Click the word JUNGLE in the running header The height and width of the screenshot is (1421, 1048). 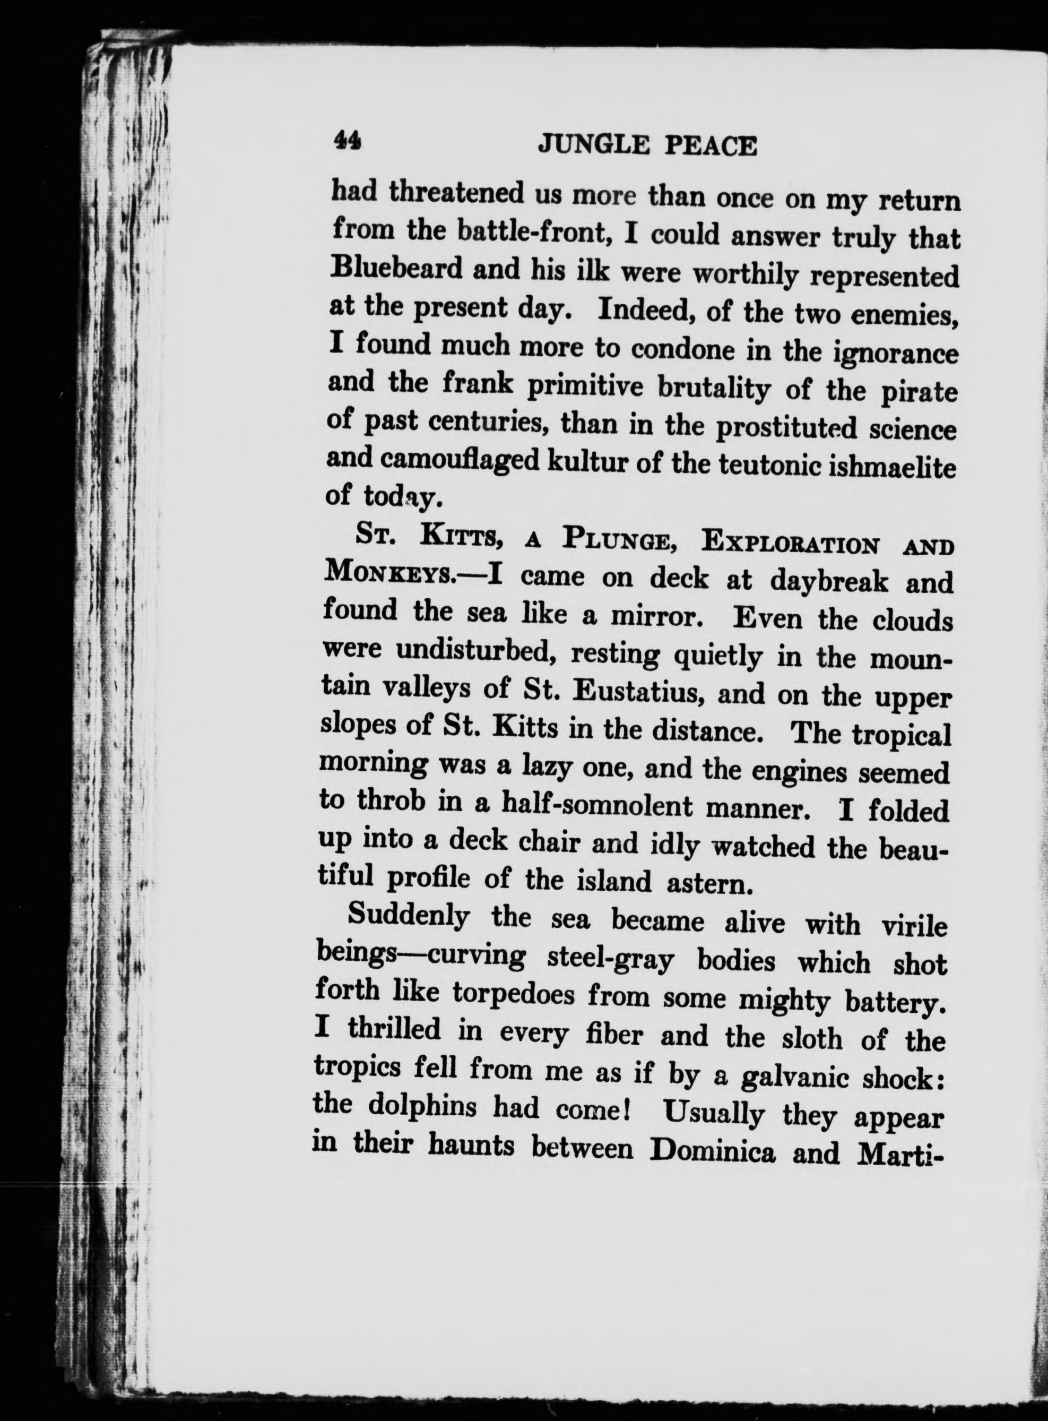click(593, 145)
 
